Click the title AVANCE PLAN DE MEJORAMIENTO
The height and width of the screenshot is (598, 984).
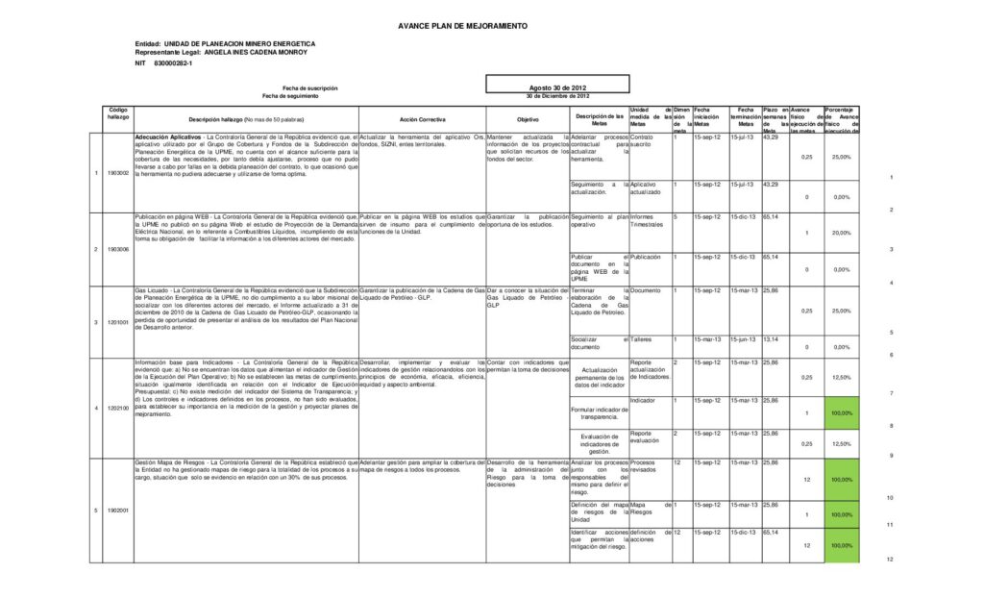point(462,25)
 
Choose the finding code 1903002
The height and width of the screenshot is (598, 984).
point(118,173)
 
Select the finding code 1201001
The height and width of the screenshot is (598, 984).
point(118,321)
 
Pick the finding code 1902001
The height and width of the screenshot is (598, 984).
point(118,510)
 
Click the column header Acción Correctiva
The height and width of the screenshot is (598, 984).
point(422,119)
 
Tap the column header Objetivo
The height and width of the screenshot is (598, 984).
point(528,119)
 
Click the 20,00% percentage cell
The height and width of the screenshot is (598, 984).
point(841,233)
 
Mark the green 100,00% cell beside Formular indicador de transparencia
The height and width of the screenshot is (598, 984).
point(841,412)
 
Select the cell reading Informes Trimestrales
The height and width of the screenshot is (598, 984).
point(650,220)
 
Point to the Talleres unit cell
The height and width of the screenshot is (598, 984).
point(643,338)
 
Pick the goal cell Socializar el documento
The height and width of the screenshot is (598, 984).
point(599,342)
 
